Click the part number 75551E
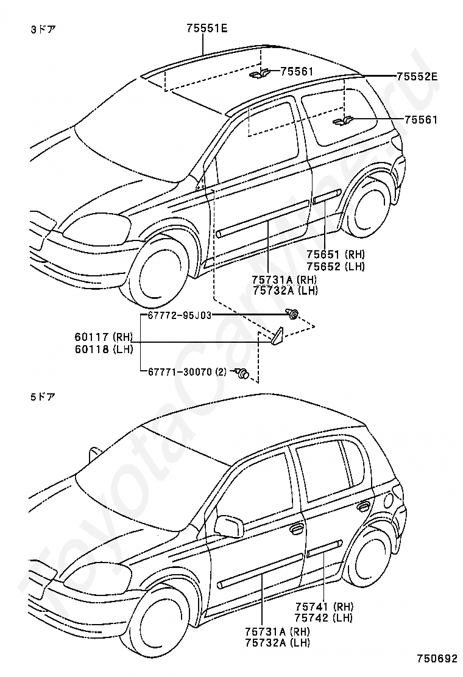(x=207, y=29)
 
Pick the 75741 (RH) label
(x=324, y=606)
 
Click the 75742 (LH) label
(x=324, y=618)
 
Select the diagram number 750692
(x=437, y=659)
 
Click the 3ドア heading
(x=43, y=30)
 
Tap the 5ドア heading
(x=43, y=396)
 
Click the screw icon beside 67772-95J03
(x=293, y=314)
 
